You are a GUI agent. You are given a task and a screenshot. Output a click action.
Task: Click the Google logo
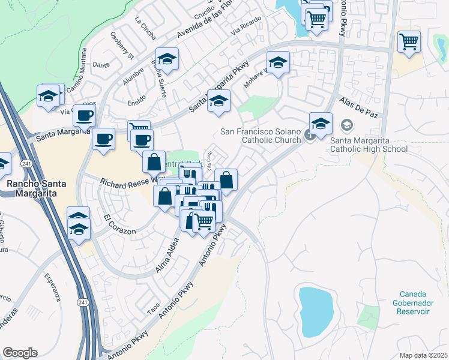point(20,353)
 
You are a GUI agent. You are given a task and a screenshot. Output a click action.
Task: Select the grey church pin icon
point(310,135)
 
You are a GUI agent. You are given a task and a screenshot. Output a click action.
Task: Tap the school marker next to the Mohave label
point(278,62)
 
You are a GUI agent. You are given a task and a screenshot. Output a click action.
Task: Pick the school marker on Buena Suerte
point(167,59)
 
